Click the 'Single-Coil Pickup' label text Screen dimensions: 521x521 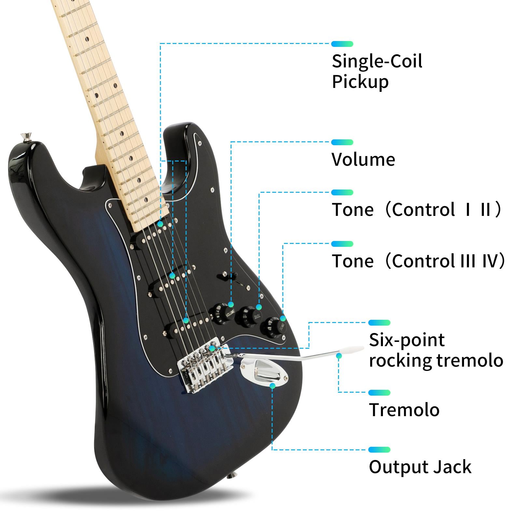point(377,71)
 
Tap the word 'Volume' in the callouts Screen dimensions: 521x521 point(363,160)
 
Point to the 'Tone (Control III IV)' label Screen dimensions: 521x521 point(418,261)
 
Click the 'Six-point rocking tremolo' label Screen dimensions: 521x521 point(436,350)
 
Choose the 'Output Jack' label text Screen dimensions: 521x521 point(420,467)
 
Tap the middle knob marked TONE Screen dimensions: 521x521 point(249,316)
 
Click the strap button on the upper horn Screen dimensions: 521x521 point(25,137)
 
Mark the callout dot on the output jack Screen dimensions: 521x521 point(273,386)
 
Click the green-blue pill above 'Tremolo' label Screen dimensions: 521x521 point(379,393)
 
